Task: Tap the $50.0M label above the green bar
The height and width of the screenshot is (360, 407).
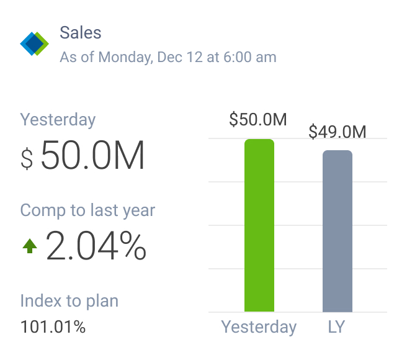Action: point(258,120)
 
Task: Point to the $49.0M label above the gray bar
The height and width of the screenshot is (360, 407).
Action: point(338,132)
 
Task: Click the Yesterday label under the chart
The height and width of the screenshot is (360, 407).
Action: point(259,327)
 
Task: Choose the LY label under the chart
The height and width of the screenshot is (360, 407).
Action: point(336,327)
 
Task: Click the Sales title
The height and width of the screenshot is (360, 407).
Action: point(81,33)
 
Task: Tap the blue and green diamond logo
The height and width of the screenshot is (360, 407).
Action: point(34,43)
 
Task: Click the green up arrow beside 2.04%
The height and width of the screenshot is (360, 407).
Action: point(30,246)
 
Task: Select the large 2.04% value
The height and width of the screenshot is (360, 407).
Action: point(96,246)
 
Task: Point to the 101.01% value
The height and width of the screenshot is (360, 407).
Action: point(53,327)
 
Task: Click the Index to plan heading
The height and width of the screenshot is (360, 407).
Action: point(69,302)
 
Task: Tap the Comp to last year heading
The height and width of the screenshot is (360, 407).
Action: point(87,210)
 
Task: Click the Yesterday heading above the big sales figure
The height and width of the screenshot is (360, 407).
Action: point(58,119)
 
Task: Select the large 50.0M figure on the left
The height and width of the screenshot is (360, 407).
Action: point(93,156)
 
